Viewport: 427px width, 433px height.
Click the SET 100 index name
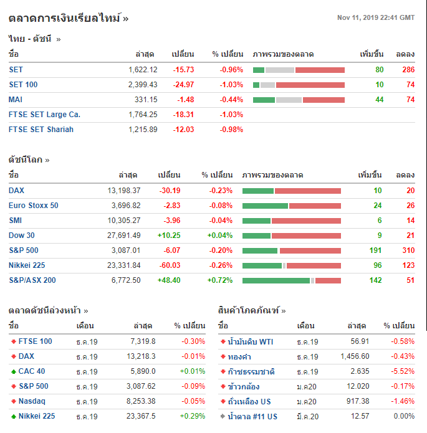pos(23,85)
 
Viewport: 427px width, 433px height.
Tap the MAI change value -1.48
pos(185,100)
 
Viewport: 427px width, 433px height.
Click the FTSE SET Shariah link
pos(41,130)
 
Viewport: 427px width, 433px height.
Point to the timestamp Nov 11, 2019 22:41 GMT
pos(375,17)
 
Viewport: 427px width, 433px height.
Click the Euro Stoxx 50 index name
pos(34,206)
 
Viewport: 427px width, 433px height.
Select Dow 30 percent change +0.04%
pos(219,236)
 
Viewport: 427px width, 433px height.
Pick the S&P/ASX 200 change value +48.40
pos(168,280)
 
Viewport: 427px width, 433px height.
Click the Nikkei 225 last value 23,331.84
pos(123,265)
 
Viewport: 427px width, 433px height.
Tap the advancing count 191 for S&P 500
pos(374,250)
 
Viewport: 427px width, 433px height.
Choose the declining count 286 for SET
pos(408,70)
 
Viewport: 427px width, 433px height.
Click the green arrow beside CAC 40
pos(13,372)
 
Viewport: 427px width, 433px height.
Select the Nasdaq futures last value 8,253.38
pos(140,401)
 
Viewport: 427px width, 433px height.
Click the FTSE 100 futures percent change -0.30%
pos(193,341)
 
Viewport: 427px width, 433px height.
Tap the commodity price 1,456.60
pos(355,356)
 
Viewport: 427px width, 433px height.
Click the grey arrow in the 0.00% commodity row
pos(223,417)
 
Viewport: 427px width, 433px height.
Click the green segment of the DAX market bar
pos(258,191)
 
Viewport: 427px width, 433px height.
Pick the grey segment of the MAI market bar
pos(289,100)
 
